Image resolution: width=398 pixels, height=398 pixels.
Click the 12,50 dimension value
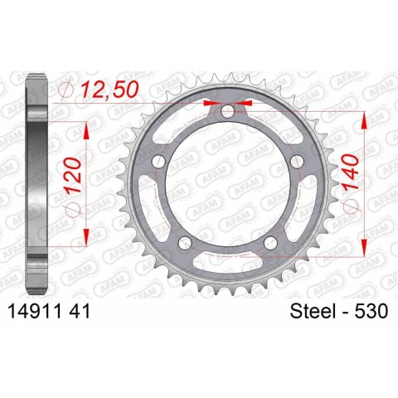(x=109, y=90)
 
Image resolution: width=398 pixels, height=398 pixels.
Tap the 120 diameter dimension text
(x=72, y=175)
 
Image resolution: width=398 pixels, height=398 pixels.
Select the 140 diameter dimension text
(x=351, y=172)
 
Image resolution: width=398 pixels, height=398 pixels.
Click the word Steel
(x=311, y=311)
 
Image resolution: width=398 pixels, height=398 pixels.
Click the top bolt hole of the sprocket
(x=227, y=111)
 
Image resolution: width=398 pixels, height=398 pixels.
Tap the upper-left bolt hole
(x=158, y=161)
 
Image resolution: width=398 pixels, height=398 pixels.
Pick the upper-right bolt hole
(x=297, y=161)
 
